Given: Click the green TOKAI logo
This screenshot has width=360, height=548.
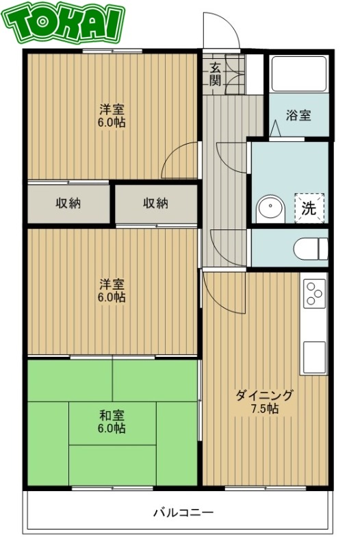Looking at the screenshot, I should tap(66, 24).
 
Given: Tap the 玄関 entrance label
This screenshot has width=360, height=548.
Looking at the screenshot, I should tap(215, 73).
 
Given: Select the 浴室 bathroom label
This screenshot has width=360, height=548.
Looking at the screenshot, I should tap(298, 114).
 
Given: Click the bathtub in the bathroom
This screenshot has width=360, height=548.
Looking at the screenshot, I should tap(298, 74).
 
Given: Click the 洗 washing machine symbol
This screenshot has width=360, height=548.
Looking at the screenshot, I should tap(309, 208).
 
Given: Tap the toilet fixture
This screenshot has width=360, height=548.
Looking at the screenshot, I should tap(312, 247).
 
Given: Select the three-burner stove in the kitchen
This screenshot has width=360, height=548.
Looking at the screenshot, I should tap(314, 294).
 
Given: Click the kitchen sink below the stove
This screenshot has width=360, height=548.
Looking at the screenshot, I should tap(314, 357).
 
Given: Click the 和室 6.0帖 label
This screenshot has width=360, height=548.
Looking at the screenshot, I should tap(112, 421).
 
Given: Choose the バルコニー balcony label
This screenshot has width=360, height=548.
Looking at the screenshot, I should tap(183, 512).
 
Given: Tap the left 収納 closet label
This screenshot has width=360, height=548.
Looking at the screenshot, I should tap(68, 203).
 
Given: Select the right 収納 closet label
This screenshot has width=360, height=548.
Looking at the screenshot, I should tap(155, 203).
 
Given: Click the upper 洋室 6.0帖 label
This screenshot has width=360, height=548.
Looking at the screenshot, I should tap(112, 116).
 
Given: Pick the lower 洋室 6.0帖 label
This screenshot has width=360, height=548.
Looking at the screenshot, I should tap(112, 290).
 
